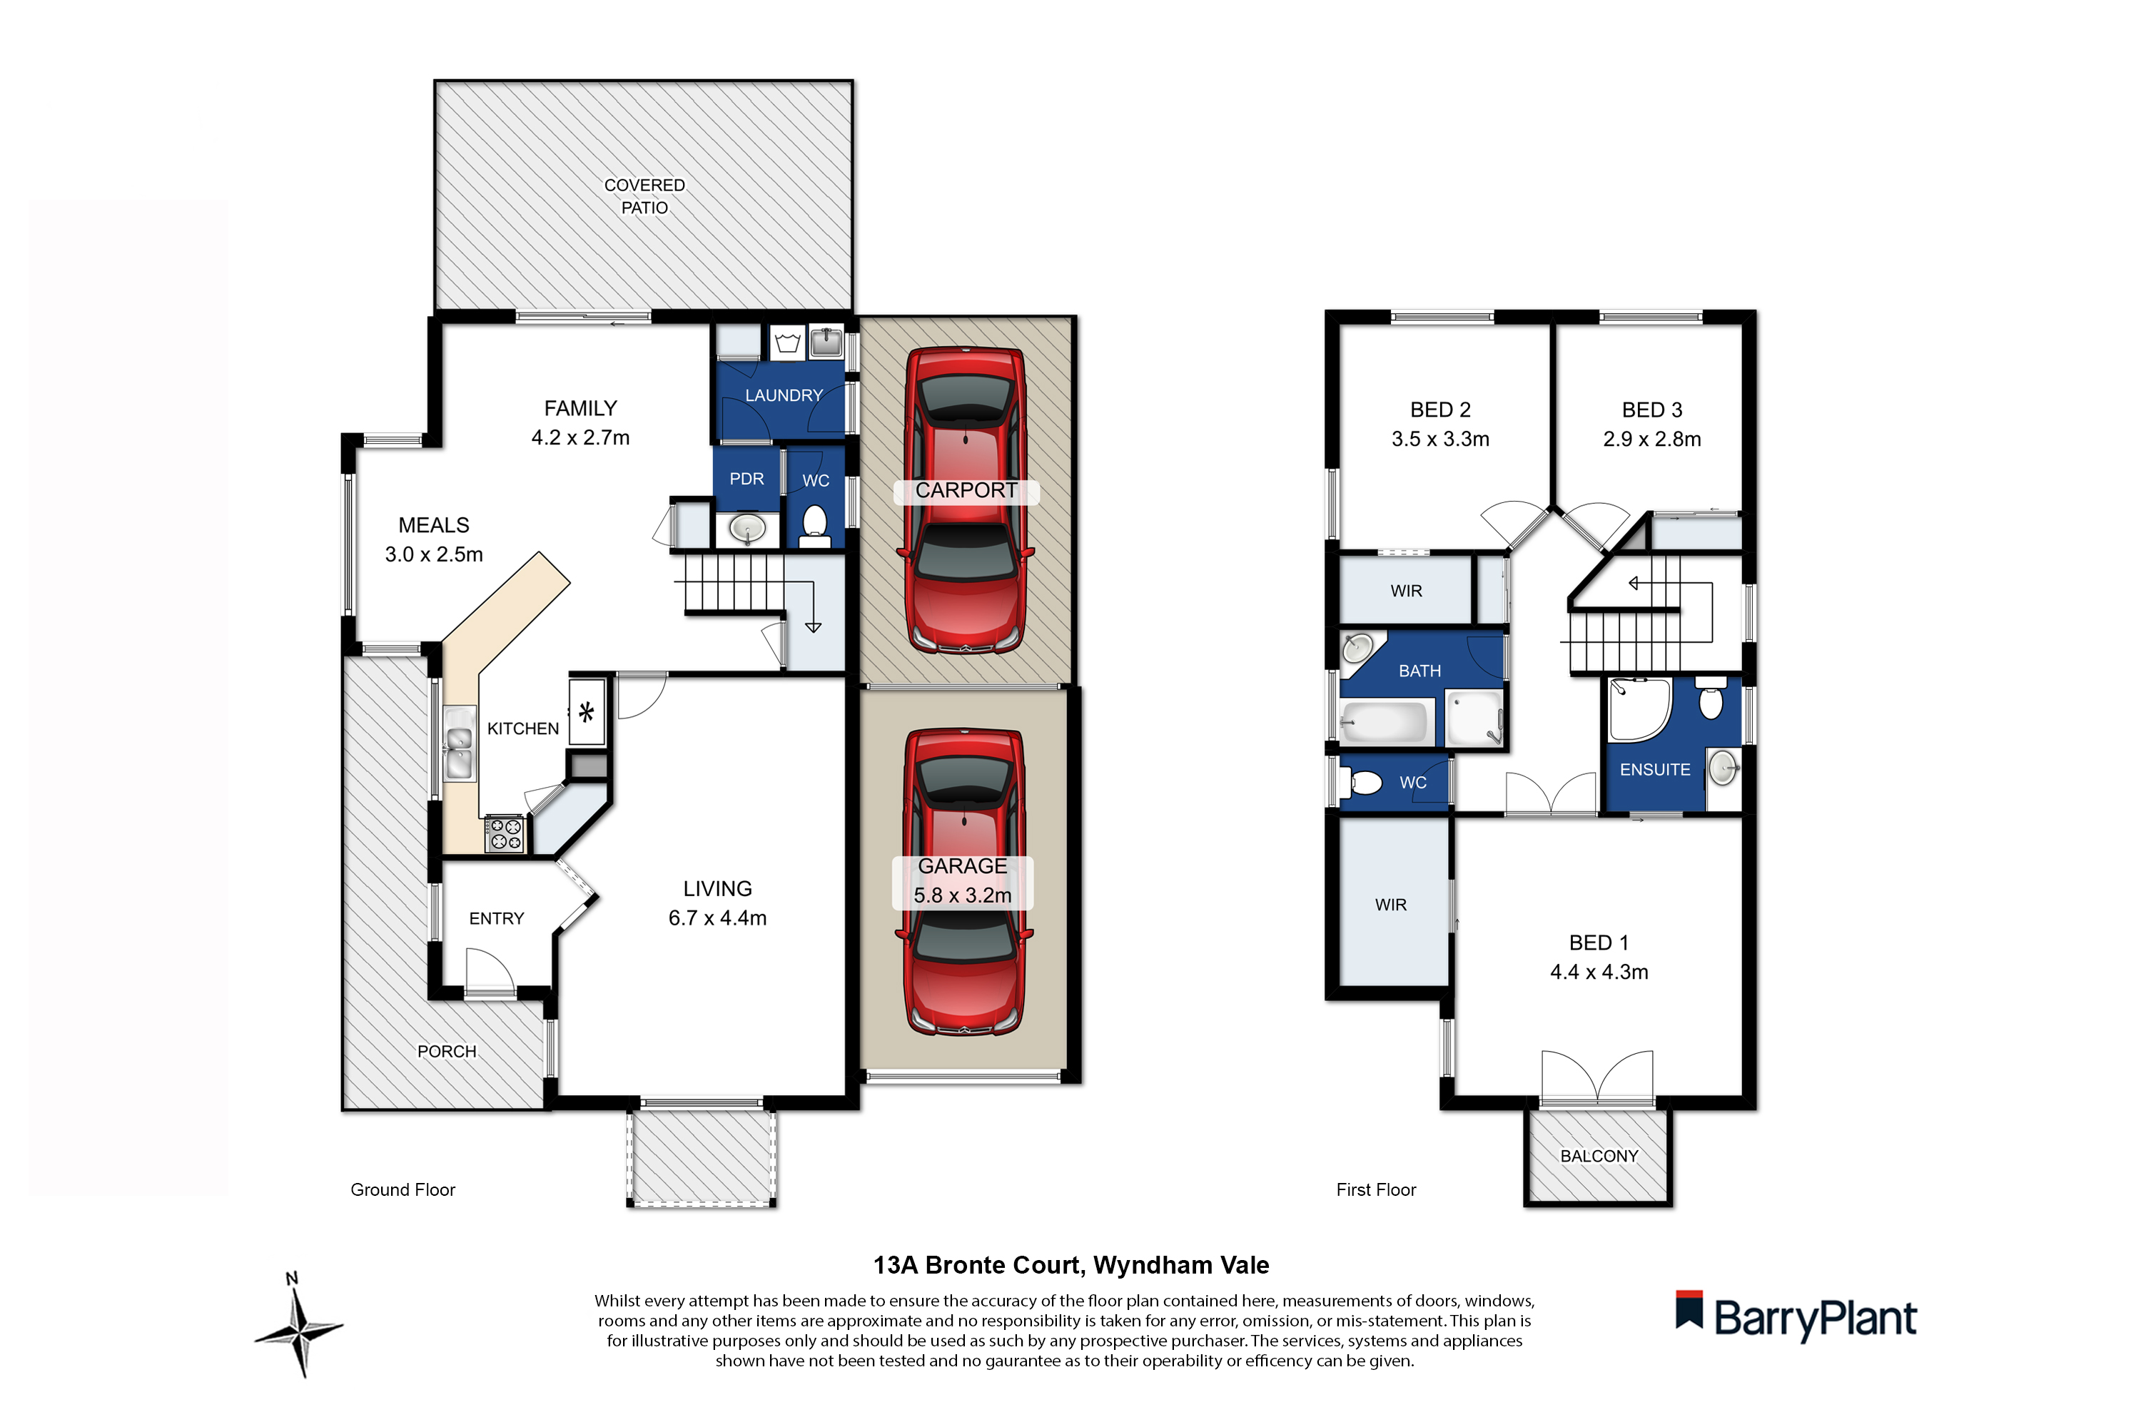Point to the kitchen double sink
(x=460, y=744)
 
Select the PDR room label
(x=746, y=479)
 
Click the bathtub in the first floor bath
(x=1385, y=724)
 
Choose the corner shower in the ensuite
(x=1639, y=710)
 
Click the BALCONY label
(x=1599, y=1156)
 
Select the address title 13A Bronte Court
(x=1070, y=1265)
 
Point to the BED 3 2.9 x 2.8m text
(x=1651, y=439)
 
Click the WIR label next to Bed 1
(x=1390, y=905)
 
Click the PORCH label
(x=446, y=1051)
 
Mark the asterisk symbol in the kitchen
(x=586, y=711)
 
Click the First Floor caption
(x=1375, y=1189)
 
